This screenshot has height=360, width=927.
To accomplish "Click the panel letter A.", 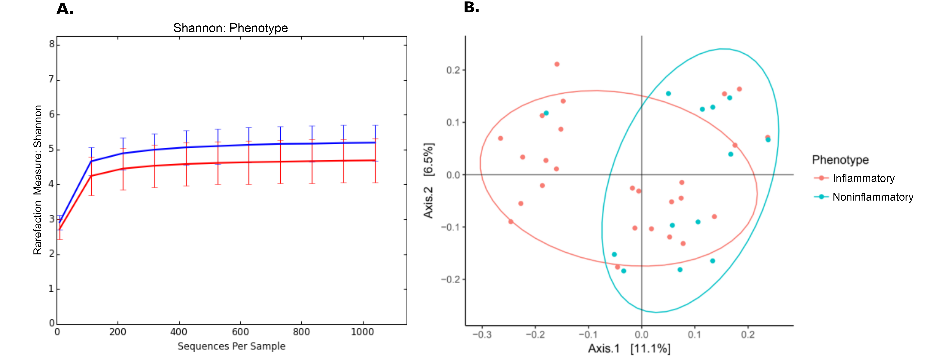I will coord(65,9).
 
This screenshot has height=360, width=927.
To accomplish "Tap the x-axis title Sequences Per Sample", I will coord(231,346).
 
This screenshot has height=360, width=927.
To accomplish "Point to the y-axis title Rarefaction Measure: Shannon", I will coord(37,180).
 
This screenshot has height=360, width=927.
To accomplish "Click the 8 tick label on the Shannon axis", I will coord(52,44).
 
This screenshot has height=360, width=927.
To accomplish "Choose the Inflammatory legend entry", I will coord(863,179).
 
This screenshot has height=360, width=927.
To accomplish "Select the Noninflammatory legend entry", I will coord(872,197).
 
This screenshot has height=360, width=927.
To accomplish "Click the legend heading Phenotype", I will coord(840,160).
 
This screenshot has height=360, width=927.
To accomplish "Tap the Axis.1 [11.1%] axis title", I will coord(629,349).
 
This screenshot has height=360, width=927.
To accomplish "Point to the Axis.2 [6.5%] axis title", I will coord(429,181).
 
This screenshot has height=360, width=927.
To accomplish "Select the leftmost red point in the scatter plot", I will coord(500,138).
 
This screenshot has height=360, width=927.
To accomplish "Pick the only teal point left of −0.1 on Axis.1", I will coord(546,113).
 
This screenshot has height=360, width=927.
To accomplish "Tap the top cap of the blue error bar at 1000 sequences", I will coord(375,125).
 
